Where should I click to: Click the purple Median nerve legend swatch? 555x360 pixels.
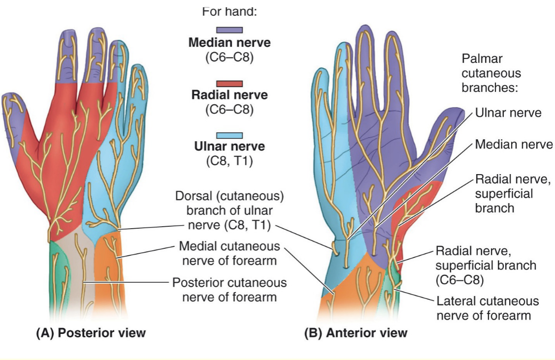click(229, 30)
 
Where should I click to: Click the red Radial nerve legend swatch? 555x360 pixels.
click(229, 83)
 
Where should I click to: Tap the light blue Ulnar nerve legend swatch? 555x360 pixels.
click(229, 135)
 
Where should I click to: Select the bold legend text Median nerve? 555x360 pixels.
click(229, 43)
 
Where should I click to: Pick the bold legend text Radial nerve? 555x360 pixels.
click(229, 94)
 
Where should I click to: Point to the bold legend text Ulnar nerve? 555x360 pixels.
click(229, 147)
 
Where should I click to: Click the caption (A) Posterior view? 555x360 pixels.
click(91, 333)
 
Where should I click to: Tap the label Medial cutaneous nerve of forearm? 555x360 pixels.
click(229, 253)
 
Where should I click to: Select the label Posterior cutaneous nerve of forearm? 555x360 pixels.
click(229, 290)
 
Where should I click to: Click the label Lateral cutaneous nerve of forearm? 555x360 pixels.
click(488, 307)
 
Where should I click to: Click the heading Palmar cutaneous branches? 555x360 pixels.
click(491, 74)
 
